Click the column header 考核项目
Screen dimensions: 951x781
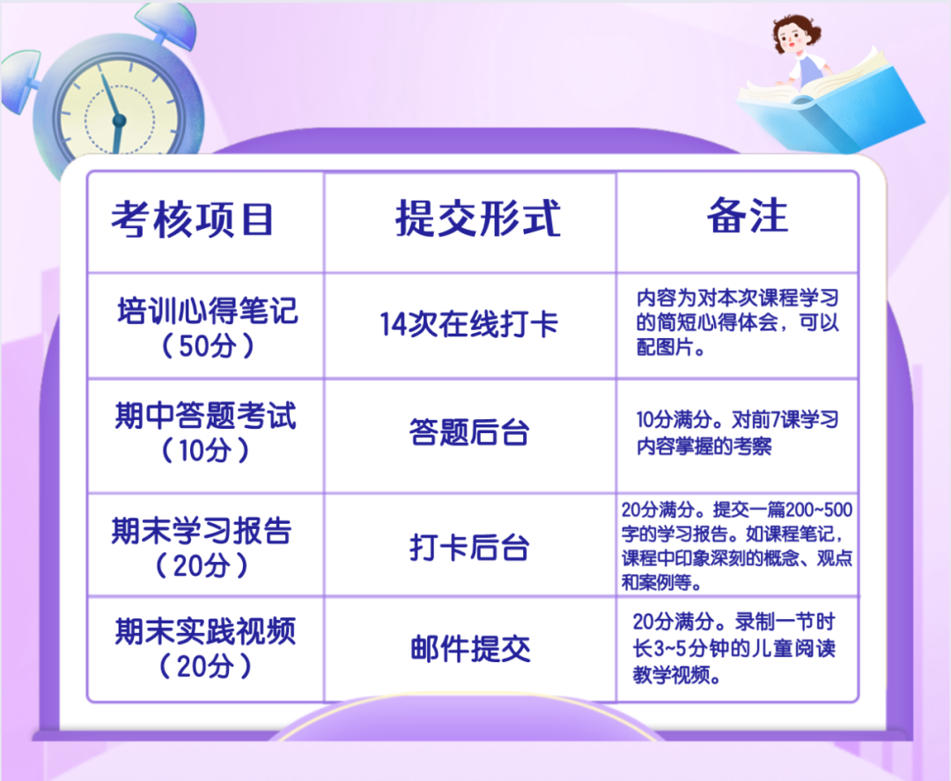point(192,219)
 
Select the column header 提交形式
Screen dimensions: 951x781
point(478,217)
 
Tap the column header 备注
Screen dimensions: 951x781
point(748,215)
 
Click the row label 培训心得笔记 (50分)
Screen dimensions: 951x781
point(207,328)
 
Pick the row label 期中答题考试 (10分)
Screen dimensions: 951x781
point(205,431)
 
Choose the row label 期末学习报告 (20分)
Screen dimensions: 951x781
point(202,547)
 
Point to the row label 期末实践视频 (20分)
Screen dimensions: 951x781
point(205,647)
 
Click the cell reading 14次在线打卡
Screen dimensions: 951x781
point(468,324)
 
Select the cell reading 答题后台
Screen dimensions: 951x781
point(468,432)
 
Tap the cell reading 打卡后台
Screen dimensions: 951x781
point(468,547)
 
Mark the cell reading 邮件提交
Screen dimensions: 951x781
point(470,649)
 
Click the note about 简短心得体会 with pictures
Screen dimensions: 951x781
point(738,322)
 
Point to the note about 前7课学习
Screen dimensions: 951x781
point(737,433)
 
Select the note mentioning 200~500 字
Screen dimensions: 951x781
point(737,546)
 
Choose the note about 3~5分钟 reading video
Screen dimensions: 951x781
point(734,648)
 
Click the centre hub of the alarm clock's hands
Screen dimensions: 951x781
point(119,121)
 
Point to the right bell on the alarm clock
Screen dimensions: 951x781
point(172,26)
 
